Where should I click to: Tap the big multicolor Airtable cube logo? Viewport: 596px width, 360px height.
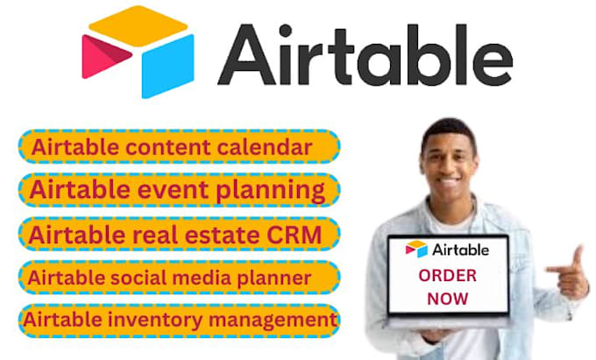tap(138, 53)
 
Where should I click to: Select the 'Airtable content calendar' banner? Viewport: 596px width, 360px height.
tap(179, 146)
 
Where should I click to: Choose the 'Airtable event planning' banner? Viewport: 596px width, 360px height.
tap(179, 189)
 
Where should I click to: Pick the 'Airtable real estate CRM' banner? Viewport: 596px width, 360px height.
tap(179, 234)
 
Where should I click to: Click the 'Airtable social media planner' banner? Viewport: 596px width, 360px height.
tap(179, 277)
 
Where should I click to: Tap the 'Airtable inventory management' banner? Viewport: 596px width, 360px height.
tap(179, 319)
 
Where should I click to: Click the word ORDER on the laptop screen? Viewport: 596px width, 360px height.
tap(448, 276)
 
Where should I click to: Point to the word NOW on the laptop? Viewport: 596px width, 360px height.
tap(447, 300)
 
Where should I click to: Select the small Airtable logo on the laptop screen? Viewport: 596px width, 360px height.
tap(447, 249)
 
